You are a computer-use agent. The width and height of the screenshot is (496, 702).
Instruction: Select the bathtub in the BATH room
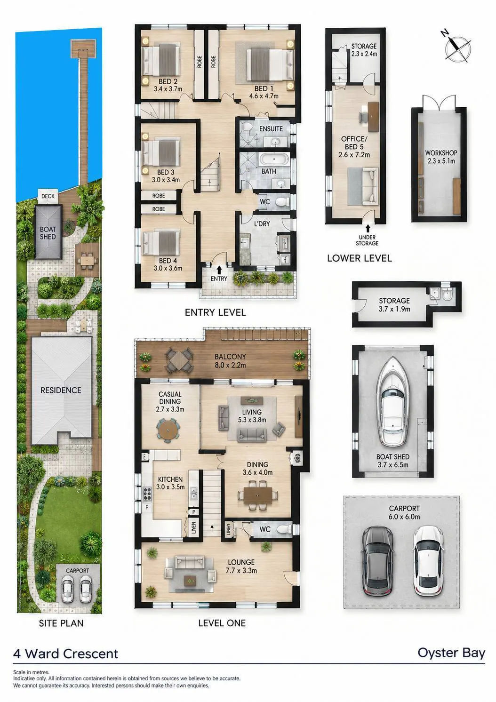(274, 160)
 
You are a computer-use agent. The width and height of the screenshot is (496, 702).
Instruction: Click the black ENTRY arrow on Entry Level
(219, 270)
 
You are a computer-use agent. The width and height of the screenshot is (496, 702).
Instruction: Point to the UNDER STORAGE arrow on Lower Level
(368, 228)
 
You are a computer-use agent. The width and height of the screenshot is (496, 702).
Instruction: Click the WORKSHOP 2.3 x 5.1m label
(440, 157)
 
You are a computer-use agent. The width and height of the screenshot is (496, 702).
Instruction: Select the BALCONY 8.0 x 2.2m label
(230, 361)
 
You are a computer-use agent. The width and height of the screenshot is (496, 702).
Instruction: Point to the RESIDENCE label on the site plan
(61, 390)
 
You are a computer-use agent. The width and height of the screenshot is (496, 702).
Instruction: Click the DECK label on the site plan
(48, 196)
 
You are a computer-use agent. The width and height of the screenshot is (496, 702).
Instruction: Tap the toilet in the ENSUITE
(247, 128)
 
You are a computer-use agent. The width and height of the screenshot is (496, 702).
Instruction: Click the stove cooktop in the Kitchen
(147, 495)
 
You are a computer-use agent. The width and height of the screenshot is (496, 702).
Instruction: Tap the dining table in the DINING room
(257, 495)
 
